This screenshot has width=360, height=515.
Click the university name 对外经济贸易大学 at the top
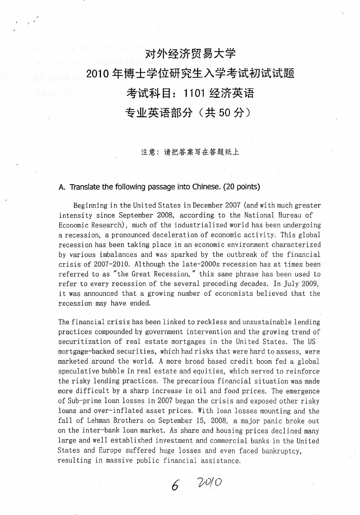pyautogui.click(x=190, y=54)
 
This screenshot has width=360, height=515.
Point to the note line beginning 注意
pyautogui.click(x=190, y=152)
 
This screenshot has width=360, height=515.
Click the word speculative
pyautogui.click(x=79, y=371)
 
